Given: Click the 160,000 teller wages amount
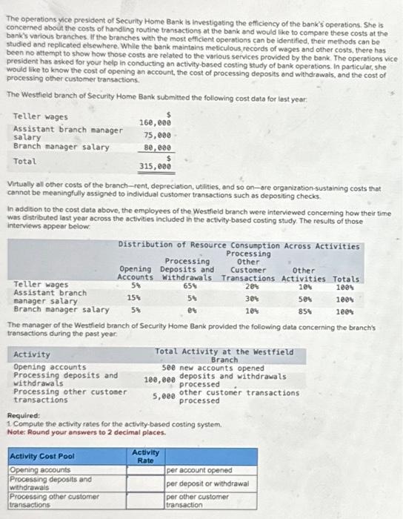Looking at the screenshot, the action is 155,122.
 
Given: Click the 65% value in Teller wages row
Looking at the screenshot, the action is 189,285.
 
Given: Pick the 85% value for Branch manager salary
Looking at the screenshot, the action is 303,310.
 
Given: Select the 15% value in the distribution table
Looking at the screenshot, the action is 134,297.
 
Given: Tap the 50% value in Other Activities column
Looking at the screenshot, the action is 303,297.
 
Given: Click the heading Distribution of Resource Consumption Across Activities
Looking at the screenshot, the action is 239,245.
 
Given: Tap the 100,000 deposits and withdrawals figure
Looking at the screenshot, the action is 161,380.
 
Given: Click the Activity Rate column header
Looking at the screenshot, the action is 146,456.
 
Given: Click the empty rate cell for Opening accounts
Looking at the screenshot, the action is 146,470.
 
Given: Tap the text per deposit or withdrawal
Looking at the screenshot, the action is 207,483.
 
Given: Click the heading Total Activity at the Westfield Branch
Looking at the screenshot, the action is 224,355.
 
